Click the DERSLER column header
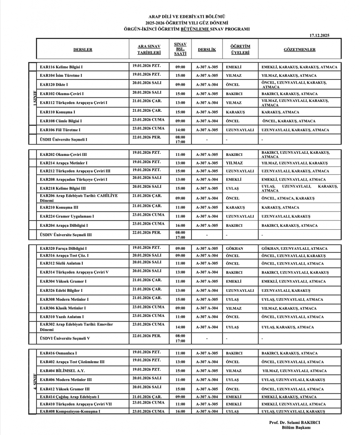click(x=82, y=50)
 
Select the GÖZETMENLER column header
click(x=299, y=50)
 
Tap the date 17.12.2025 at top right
click(x=319, y=35)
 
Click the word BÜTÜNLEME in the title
click(x=196, y=29)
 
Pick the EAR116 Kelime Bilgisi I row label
click(x=61, y=67)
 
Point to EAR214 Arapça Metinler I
click(x=64, y=163)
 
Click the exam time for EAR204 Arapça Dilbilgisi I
click(x=180, y=226)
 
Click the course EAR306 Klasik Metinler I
click(x=62, y=308)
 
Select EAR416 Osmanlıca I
click(x=58, y=353)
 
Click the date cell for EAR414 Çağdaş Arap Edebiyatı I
click(x=146, y=397)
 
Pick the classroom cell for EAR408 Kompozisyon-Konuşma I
click(x=207, y=411)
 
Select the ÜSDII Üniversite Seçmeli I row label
click(x=64, y=139)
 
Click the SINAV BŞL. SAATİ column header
click(x=180, y=49)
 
